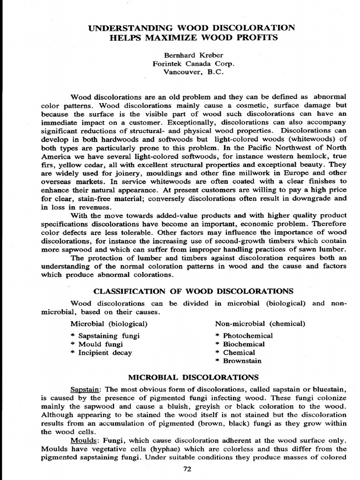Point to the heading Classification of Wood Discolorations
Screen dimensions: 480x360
[194, 291]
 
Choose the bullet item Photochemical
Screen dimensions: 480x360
[247, 336]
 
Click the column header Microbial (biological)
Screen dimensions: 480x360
[109, 323]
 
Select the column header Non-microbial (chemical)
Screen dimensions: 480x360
[260, 323]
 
